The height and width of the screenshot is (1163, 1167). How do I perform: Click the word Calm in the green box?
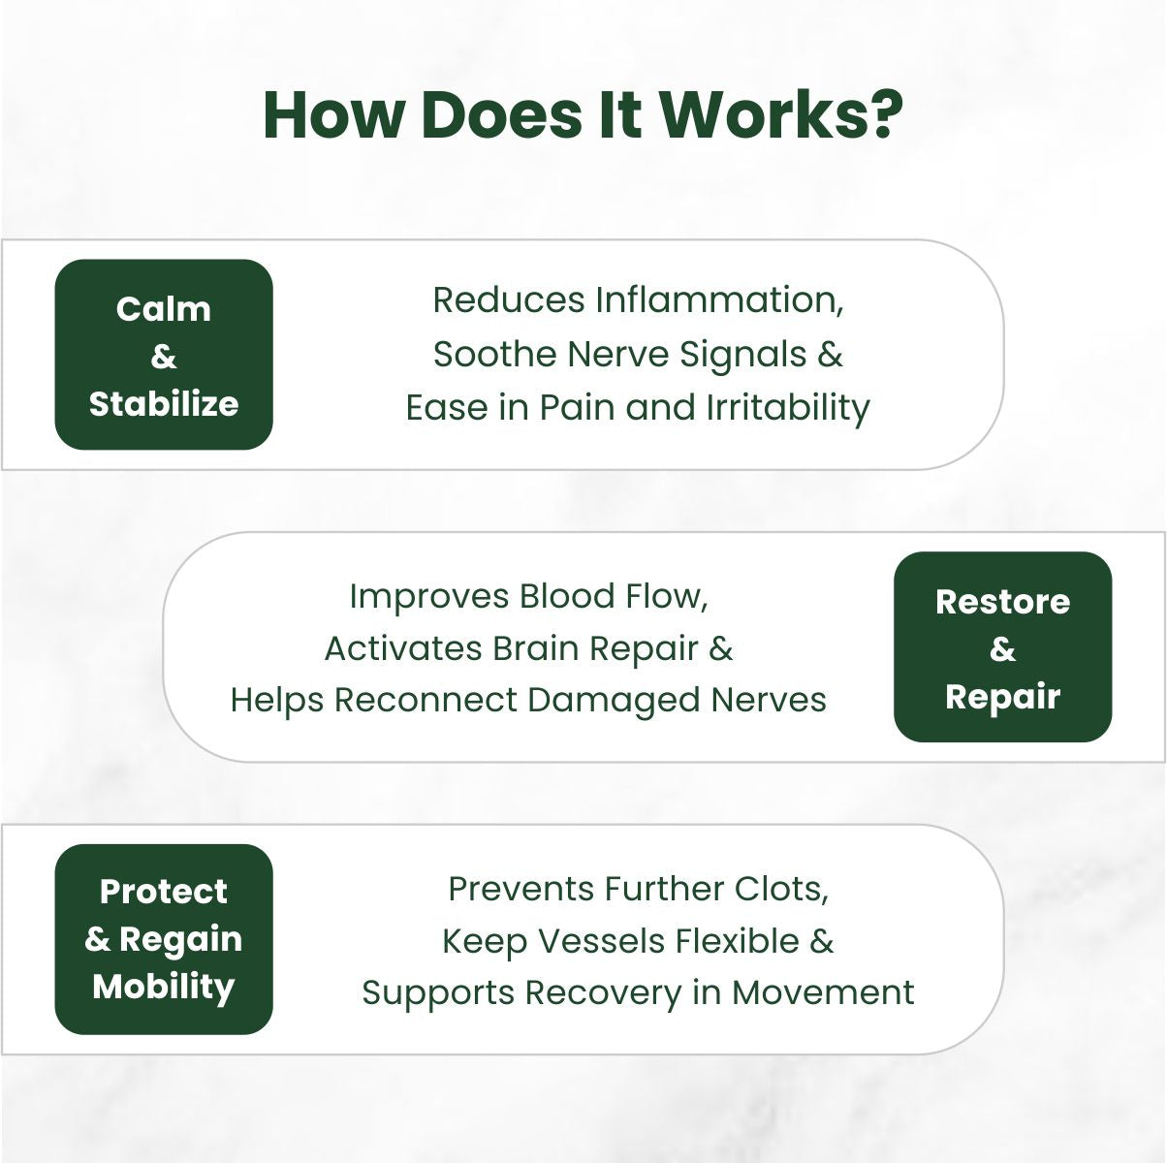(164, 309)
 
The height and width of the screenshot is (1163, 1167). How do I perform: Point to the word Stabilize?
(164, 403)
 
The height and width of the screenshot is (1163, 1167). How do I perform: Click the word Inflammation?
(719, 300)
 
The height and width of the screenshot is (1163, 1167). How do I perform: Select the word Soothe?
(494, 354)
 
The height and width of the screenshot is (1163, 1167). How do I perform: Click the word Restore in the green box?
(1002, 602)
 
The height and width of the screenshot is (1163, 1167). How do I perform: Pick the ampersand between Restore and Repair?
(1002, 649)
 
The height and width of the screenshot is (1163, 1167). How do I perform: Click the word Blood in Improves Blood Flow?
(562, 596)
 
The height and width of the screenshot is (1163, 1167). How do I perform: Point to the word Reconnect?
(426, 700)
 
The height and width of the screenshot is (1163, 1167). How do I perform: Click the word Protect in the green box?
(164, 892)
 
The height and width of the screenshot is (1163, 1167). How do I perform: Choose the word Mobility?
(164, 987)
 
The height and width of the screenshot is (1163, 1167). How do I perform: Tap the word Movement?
(822, 993)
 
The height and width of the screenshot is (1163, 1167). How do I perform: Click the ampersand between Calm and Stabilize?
(164, 357)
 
